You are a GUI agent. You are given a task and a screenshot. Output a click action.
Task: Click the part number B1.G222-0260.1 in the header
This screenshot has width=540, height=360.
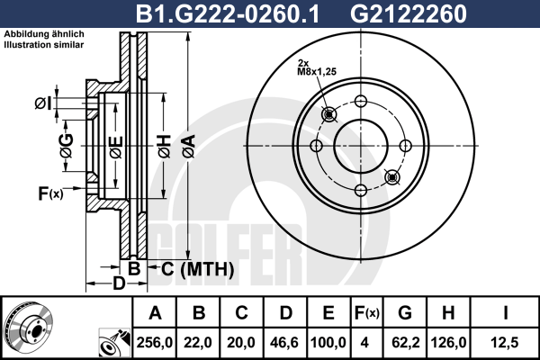[x=228, y=13]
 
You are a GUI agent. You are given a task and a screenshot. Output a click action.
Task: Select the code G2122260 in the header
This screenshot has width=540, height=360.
[x=408, y=13]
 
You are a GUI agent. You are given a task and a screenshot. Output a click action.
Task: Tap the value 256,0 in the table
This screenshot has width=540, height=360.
[x=154, y=342]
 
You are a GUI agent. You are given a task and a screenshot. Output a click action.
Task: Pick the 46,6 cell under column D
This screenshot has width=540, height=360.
[x=284, y=342]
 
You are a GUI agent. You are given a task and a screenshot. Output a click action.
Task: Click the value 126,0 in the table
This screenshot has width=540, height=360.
[x=448, y=342]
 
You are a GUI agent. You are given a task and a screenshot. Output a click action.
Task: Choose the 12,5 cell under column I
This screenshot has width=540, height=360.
[x=505, y=342]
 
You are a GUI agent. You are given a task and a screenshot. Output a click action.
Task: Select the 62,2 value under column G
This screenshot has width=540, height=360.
[x=405, y=342]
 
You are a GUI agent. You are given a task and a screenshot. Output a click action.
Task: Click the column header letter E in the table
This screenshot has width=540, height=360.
[x=328, y=313]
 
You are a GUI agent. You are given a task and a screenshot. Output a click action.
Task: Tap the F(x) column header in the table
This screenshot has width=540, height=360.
[x=367, y=313]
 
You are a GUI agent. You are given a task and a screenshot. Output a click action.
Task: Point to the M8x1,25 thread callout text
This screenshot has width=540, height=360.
[x=317, y=72]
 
